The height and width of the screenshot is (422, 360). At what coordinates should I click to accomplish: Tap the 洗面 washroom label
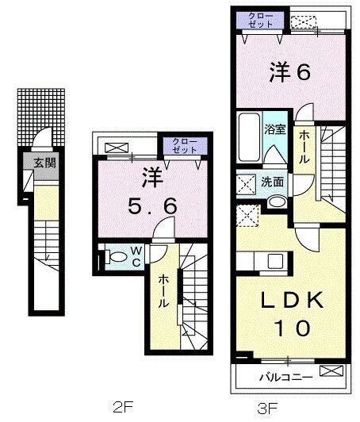click(273, 182)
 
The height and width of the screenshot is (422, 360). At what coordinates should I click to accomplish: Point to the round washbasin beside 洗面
click(273, 201)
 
